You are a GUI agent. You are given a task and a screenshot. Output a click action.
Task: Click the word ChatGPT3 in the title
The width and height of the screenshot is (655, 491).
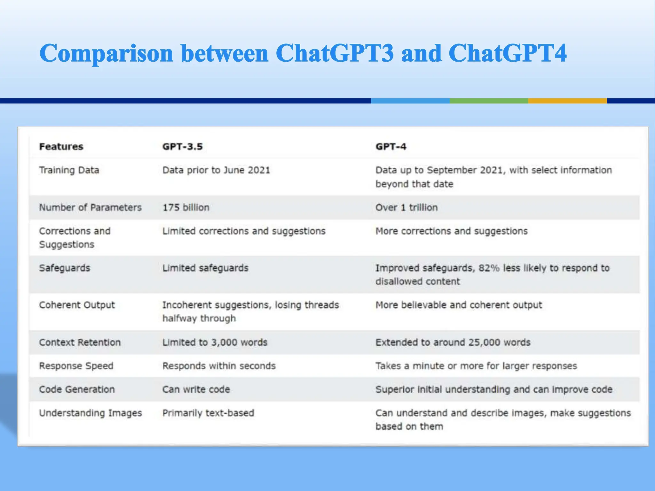coord(334,53)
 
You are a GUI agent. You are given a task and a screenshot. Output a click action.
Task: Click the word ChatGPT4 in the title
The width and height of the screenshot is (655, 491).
coord(507,53)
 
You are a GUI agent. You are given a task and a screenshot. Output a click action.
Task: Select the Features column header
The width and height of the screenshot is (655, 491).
coord(61,146)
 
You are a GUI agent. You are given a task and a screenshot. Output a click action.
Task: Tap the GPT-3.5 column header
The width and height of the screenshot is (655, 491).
coord(182,146)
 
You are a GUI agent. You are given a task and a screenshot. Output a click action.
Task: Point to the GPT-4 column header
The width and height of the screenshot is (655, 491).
coord(391,146)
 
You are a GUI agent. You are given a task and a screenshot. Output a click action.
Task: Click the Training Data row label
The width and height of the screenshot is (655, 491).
coord(69,170)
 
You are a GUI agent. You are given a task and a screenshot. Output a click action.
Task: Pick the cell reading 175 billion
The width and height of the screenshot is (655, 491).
coord(186,207)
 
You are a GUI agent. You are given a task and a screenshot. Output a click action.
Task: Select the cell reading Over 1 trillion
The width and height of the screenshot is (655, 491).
coord(406,207)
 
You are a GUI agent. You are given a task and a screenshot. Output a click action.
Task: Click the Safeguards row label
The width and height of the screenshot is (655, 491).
coord(65,268)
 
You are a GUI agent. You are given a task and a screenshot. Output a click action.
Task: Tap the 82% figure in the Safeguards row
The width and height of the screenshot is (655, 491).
coord(489,268)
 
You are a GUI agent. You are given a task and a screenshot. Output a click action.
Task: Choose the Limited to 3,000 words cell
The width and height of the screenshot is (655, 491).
coord(215,342)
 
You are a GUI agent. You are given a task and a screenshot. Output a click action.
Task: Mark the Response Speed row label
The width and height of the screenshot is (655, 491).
coord(76,366)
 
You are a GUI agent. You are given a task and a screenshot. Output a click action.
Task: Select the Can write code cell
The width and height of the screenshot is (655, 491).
coord(196,389)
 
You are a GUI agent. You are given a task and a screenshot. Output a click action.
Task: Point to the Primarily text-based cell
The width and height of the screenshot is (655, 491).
coord(208,413)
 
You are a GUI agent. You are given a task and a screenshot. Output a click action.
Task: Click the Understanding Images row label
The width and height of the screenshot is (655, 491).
coord(91,413)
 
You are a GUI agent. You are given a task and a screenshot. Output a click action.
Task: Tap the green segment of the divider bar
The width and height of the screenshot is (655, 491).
coord(489,101)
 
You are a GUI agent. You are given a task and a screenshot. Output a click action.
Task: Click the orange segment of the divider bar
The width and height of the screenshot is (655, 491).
coord(567,101)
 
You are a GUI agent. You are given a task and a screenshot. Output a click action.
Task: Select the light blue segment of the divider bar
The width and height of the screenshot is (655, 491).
coord(410,101)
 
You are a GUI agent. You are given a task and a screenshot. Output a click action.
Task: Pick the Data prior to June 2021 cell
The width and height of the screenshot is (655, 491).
coord(216,170)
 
